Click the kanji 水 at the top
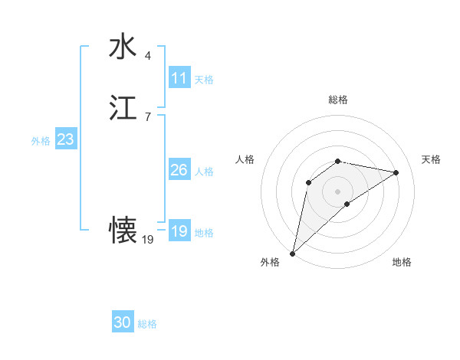click(123, 47)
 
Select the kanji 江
click(123, 108)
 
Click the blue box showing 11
click(179, 78)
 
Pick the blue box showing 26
click(179, 170)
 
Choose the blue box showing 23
click(65, 139)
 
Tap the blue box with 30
click(123, 322)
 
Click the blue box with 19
click(179, 231)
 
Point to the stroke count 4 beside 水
click(147, 55)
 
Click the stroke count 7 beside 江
click(147, 116)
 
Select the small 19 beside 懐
click(148, 239)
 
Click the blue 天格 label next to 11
click(204, 80)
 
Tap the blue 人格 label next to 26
click(204, 172)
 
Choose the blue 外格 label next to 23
click(41, 141)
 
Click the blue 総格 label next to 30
click(148, 324)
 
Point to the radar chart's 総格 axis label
click(338, 100)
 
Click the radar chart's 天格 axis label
click(431, 159)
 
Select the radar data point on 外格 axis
click(293, 253)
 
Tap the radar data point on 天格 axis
click(396, 172)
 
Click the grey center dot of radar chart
click(338, 191)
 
